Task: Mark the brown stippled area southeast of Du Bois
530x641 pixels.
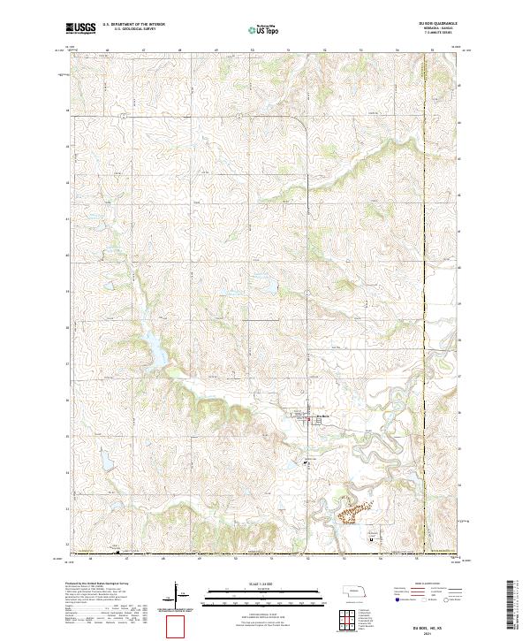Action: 352,510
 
